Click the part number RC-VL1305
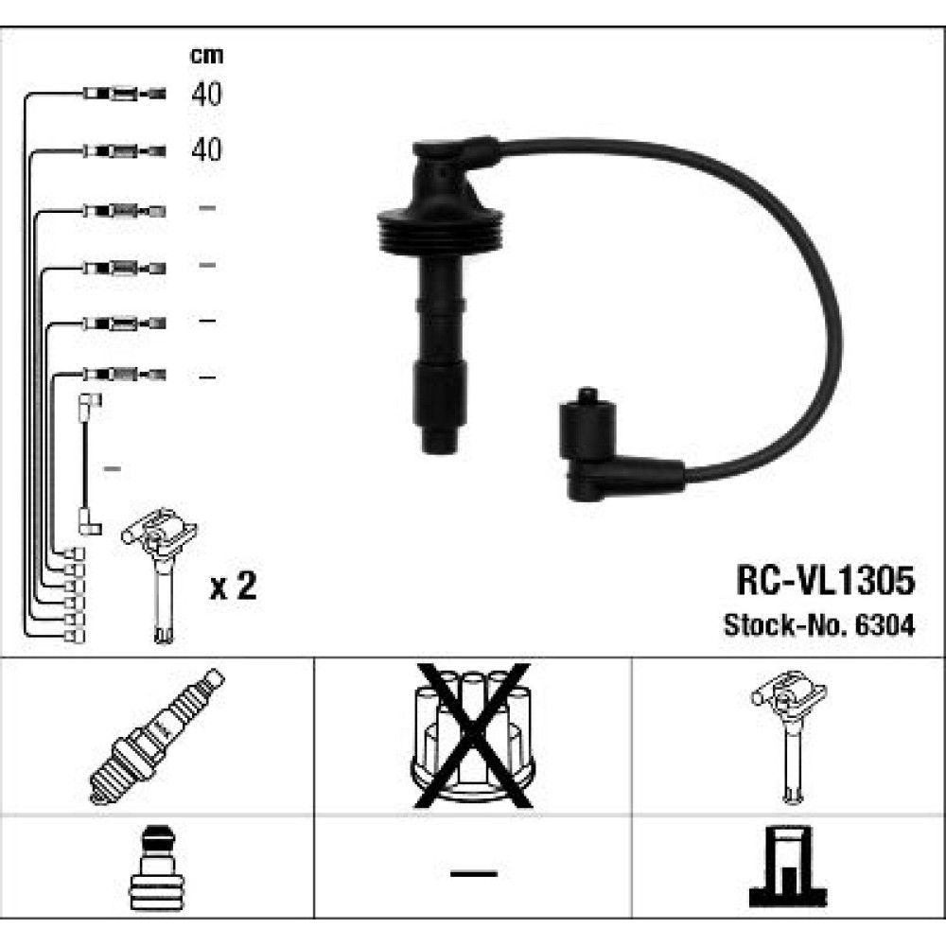tap(825, 581)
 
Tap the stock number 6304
tap(885, 625)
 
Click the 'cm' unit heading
tap(206, 56)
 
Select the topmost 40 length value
tap(206, 94)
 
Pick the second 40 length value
tap(206, 149)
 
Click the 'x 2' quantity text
tap(233, 586)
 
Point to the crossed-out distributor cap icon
tap(472, 735)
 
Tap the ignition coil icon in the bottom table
tap(789, 737)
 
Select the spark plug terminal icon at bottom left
tap(156, 867)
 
